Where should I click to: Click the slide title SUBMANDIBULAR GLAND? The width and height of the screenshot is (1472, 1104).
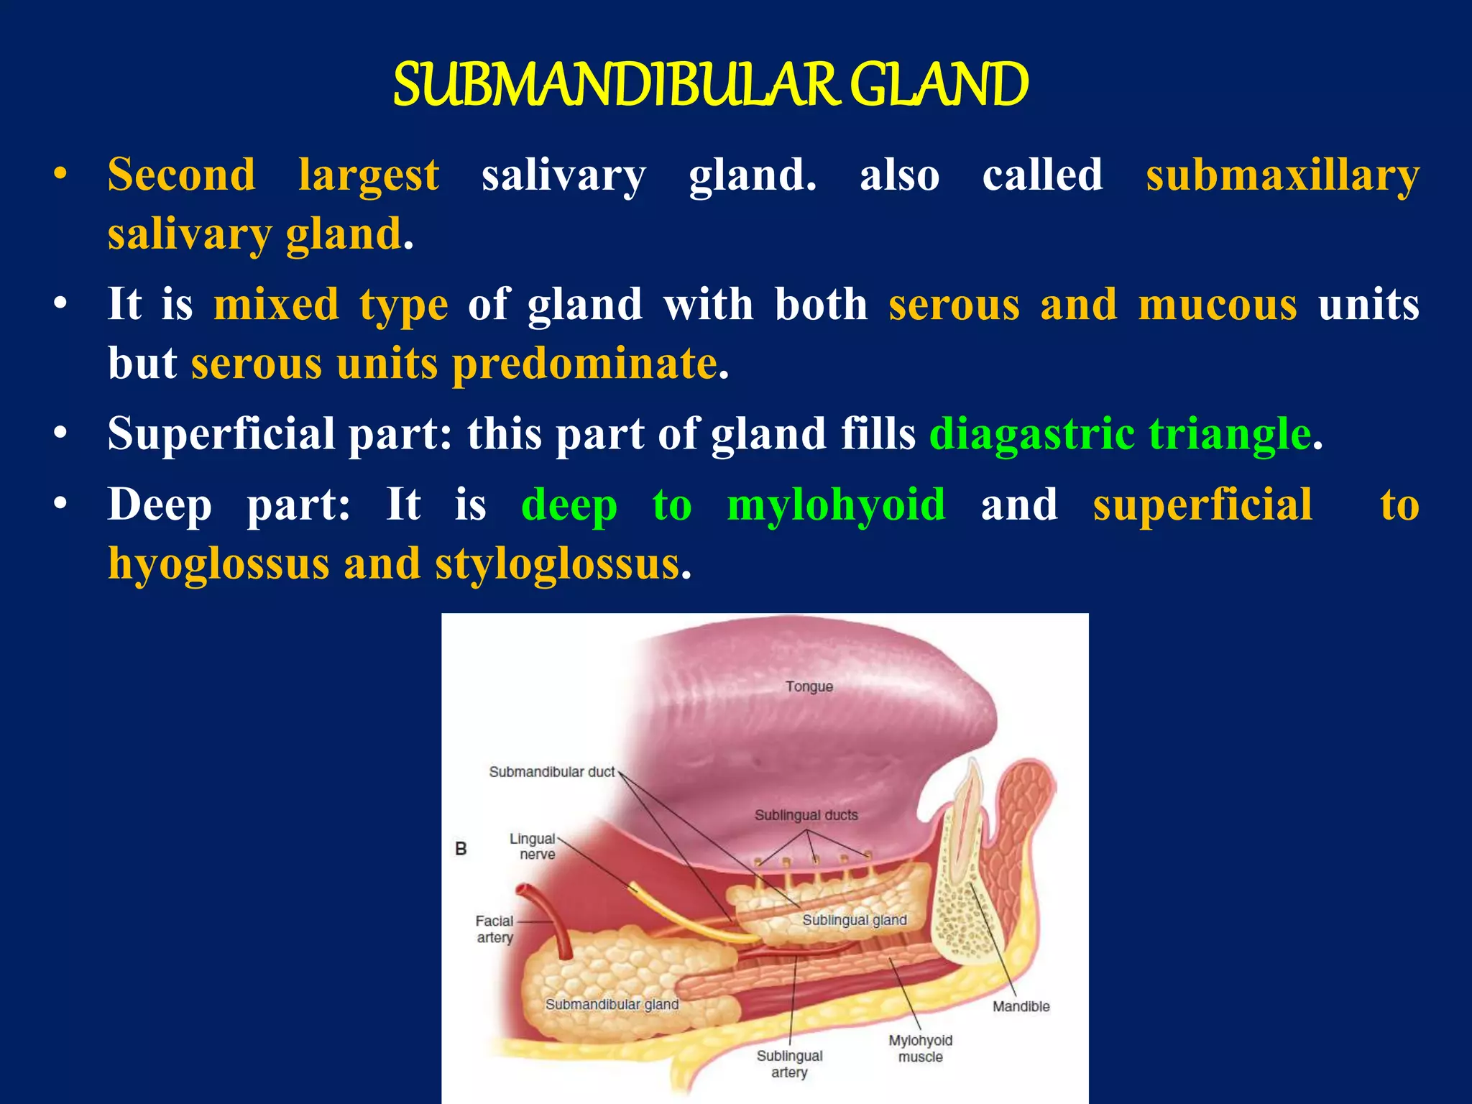tap(710, 85)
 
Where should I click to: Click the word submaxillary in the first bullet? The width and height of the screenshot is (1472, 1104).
tap(1282, 175)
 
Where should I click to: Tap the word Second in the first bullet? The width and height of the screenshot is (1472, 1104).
tap(181, 175)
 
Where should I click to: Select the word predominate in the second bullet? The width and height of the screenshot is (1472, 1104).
tap(584, 363)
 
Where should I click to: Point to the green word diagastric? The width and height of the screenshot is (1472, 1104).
tap(1032, 434)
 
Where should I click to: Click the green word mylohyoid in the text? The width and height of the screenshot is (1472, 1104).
tap(836, 505)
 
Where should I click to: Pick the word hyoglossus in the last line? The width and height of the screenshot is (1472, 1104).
tap(218, 563)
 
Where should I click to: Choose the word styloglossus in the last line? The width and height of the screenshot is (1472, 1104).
tap(557, 563)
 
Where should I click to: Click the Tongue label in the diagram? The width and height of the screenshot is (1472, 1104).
tap(809, 686)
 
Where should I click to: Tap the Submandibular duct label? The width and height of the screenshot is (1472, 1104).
tap(551, 772)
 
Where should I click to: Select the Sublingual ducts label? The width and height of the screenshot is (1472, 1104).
tap(806, 815)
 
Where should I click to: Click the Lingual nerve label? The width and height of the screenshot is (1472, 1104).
tap(533, 846)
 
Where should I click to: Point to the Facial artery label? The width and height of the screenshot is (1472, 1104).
tap(494, 929)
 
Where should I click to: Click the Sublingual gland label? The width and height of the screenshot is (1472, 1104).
tap(854, 920)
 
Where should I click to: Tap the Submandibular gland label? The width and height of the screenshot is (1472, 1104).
tap(612, 1004)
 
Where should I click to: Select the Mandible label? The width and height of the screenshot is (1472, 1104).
tap(1021, 1006)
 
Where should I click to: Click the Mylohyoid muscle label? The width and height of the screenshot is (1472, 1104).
tap(920, 1048)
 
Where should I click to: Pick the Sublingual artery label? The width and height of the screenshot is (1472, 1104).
tap(789, 1064)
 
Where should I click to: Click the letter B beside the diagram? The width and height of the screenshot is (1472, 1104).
tap(461, 849)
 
